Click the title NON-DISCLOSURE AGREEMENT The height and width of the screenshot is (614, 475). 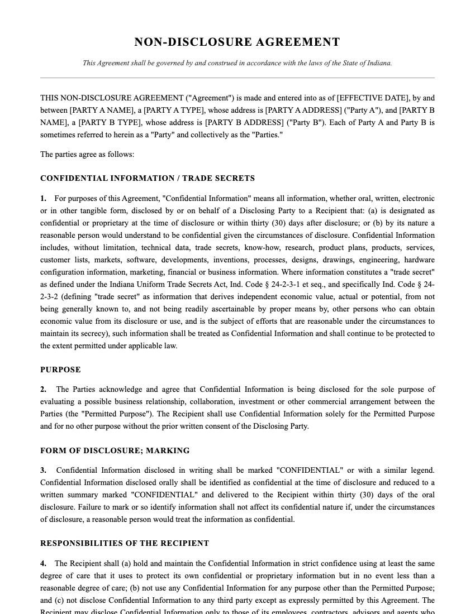[237, 42]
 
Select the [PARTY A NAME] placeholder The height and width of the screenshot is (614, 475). [102, 110]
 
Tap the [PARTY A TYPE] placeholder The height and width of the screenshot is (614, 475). [174, 110]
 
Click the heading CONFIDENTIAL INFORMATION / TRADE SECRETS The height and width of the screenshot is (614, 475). [148, 179]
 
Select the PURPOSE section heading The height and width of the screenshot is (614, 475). [60, 370]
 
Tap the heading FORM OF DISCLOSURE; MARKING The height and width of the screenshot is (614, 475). [115, 450]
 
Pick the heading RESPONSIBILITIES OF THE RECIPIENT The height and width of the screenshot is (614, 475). [125, 543]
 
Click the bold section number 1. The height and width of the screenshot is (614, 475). [43, 198]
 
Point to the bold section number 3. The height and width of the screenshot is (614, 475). [43, 470]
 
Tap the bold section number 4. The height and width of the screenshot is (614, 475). [43, 563]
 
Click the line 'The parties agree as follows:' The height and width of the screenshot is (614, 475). [87, 154]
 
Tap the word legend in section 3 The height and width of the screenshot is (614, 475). [421, 470]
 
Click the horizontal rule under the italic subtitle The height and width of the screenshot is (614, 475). [237, 78]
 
